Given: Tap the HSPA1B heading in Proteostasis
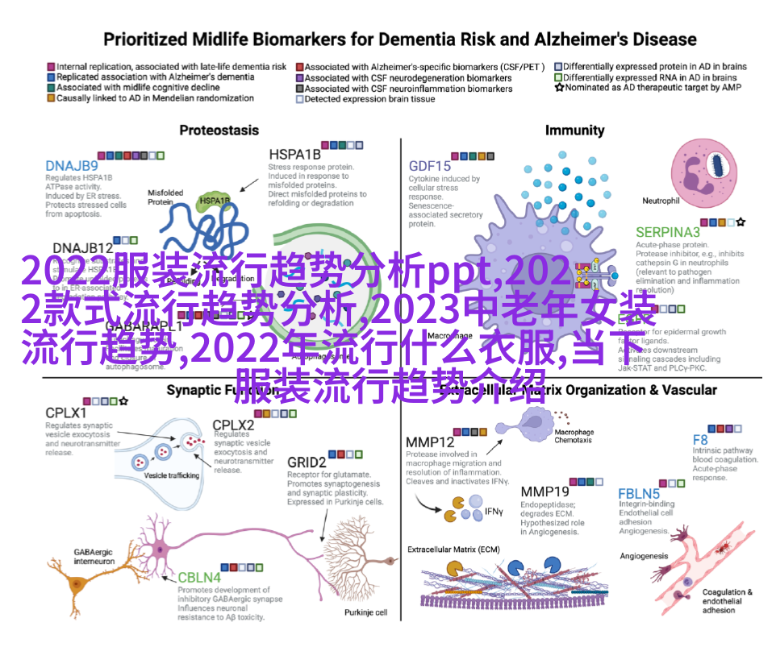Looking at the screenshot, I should point(294,155).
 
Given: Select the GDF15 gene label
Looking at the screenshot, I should point(429,167).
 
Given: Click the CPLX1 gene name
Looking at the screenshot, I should point(66,413).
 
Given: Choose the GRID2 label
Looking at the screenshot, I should point(307,462).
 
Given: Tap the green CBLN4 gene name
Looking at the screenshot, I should point(198,577).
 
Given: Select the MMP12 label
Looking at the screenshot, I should point(430,442).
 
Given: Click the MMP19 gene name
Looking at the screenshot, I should point(544,491).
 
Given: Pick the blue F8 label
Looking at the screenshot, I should point(700,440).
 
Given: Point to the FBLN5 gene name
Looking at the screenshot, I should point(639,493).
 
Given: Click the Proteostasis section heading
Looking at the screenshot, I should point(219,130).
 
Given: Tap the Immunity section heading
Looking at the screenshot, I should point(574,130).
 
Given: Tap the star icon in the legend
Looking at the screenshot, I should point(559,87).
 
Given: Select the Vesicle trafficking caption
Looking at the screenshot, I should point(171,475).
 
